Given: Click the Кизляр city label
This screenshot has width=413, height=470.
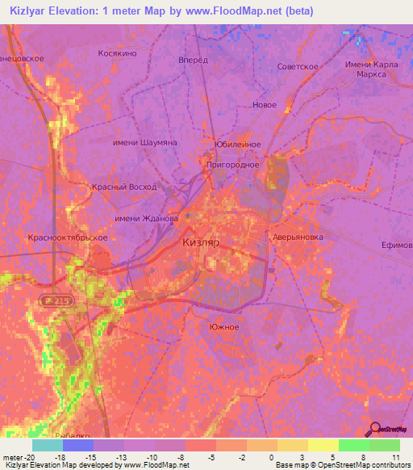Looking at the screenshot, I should point(202,241).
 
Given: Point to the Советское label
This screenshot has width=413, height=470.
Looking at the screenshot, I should point(298,66).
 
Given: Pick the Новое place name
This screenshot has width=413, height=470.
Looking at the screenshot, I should point(264,105).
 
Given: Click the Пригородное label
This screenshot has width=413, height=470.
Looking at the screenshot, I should point(231,164).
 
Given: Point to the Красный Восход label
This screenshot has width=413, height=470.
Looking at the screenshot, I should point(123,187).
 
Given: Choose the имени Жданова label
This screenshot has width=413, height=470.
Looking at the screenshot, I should point(146,219).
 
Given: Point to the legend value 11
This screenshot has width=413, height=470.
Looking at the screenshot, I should point(395,456).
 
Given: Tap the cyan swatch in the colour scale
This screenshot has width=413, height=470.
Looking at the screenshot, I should point(48,445).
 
